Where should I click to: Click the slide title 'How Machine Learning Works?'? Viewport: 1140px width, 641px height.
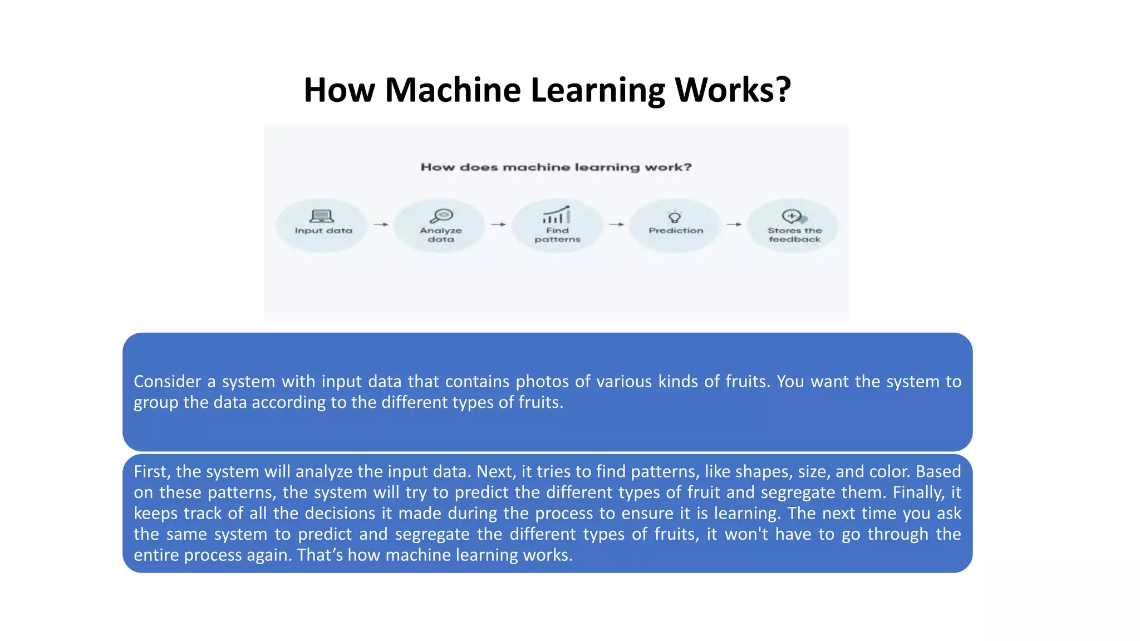(x=547, y=90)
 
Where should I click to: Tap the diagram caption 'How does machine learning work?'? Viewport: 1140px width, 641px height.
(x=556, y=167)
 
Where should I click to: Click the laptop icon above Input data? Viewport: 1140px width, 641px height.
(x=321, y=216)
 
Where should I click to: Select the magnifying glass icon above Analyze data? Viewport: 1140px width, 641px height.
(x=442, y=215)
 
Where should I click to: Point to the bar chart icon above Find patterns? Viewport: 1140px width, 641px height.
(x=557, y=215)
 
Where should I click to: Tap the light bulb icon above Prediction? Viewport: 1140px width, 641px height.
(x=675, y=216)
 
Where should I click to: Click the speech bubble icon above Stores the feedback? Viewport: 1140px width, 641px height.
(x=793, y=216)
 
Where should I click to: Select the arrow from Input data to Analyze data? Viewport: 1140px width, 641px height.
(x=381, y=224)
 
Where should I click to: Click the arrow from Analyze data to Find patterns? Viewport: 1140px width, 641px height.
(x=498, y=224)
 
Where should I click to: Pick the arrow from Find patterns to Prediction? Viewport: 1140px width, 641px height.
(x=616, y=224)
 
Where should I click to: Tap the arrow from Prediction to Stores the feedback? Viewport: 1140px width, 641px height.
(x=734, y=224)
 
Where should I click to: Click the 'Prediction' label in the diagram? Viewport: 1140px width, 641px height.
(x=676, y=230)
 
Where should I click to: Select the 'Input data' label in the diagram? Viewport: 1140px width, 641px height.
(x=323, y=230)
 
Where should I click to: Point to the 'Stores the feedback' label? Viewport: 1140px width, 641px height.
(x=794, y=235)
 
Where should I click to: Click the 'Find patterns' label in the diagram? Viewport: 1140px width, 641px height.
(x=557, y=235)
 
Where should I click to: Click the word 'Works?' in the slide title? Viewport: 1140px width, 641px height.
(x=733, y=90)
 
